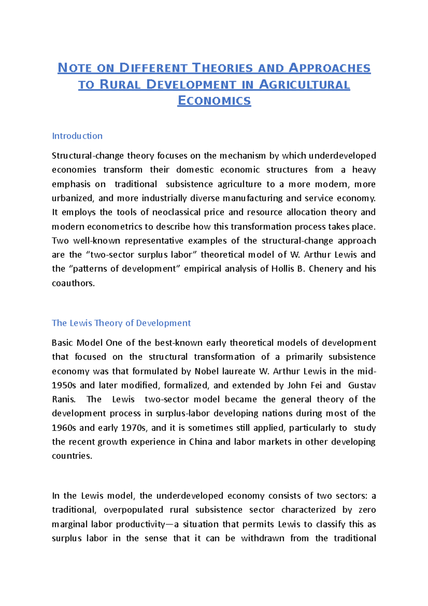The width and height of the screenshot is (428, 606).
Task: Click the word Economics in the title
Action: (x=214, y=101)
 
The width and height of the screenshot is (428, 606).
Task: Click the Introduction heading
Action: (x=77, y=136)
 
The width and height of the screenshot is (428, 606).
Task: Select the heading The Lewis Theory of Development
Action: (x=121, y=323)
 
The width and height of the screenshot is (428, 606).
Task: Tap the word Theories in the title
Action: (x=223, y=68)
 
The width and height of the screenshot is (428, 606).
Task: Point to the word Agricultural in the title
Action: (x=304, y=85)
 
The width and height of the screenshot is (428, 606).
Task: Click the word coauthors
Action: (x=73, y=283)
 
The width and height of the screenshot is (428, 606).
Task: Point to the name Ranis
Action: (x=63, y=399)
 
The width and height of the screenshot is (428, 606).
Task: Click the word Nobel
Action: (x=207, y=371)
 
